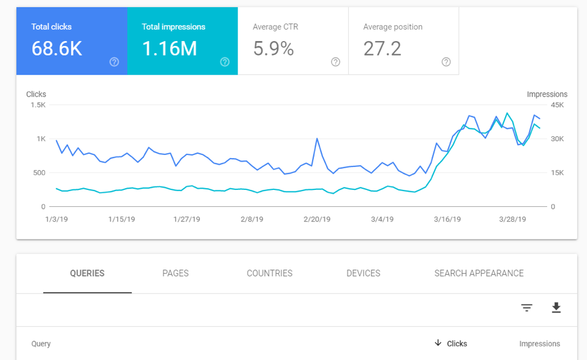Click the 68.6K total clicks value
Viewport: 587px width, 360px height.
coord(57,49)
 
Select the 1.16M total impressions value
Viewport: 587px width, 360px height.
coord(169,49)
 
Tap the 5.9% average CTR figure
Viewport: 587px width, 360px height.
coord(273,49)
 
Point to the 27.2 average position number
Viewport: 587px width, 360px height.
coord(382,49)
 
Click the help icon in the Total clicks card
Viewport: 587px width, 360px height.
coord(114,62)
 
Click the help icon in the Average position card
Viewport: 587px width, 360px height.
coord(446,62)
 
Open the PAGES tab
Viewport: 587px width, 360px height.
coord(175,273)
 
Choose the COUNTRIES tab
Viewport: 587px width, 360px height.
coord(269,273)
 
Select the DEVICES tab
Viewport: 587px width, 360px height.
coord(363,273)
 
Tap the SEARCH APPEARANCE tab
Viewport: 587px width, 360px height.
coord(479,273)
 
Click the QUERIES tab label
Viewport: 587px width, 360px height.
coord(87,273)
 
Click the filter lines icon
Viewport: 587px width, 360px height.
coord(527,308)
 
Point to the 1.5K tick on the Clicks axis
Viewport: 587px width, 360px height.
coord(37,105)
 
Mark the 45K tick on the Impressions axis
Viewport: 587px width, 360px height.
coord(557,105)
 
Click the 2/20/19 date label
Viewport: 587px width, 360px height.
coord(317,219)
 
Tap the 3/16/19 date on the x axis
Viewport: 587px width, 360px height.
coord(447,219)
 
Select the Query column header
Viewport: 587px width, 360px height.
coord(41,344)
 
